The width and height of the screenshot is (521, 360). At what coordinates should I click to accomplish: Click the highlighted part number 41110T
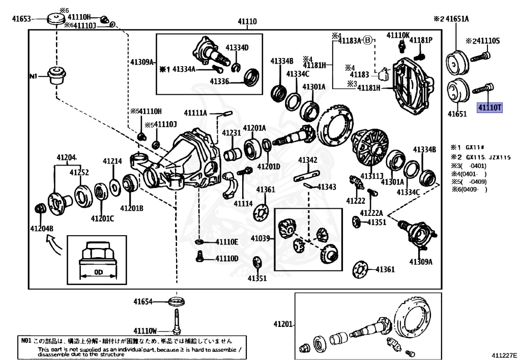[x=489, y=108]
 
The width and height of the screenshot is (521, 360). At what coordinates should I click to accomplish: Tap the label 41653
[x=22, y=20]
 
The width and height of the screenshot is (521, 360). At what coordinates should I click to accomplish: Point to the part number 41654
[x=143, y=302]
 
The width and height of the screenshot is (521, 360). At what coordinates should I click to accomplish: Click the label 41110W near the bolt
[x=146, y=330]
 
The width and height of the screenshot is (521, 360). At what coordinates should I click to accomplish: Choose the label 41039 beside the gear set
[x=260, y=238]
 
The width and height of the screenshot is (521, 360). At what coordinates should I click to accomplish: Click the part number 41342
[x=308, y=161]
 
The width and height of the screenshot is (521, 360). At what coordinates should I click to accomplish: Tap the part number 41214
[x=112, y=161]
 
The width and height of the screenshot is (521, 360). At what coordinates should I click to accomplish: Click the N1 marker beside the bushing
[x=34, y=76]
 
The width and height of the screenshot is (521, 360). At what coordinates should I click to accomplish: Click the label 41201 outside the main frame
[x=283, y=324]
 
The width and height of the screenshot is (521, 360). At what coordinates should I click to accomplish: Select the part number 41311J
[x=372, y=176]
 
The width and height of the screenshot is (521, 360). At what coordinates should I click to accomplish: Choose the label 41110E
[x=226, y=242]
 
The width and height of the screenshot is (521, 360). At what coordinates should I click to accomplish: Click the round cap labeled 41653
[x=54, y=19]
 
